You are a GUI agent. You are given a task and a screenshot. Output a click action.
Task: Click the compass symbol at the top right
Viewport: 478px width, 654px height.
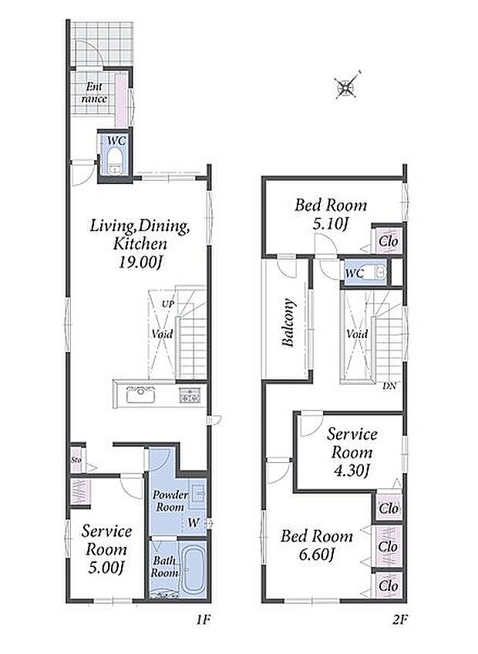347,87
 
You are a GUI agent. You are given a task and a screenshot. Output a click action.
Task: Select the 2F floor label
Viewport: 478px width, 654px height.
399,620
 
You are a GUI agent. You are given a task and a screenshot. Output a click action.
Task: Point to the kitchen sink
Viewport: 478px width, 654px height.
140,394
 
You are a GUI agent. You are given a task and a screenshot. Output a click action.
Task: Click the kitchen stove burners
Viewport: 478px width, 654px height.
190,395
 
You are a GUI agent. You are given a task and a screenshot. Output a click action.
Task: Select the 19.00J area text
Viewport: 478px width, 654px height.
140,263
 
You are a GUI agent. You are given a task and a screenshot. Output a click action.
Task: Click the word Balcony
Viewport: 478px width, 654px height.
288,323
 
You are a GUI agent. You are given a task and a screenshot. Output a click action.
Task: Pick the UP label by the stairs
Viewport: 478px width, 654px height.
168,304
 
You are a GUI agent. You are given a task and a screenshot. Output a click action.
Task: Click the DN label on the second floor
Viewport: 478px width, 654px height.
389,386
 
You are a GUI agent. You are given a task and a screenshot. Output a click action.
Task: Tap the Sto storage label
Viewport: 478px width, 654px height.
76,460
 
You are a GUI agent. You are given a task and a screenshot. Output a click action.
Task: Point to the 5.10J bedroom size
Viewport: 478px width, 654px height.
330,225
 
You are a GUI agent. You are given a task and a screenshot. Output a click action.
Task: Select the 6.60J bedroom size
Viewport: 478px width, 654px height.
316,555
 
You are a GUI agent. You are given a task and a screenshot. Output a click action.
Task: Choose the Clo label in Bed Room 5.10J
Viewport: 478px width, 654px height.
389,242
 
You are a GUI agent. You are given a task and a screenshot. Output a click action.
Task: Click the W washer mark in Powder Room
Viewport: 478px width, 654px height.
194,522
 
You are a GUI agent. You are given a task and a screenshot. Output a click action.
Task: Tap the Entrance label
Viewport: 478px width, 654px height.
94,93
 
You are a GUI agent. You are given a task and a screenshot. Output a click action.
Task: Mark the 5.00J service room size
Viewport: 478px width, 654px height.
107,567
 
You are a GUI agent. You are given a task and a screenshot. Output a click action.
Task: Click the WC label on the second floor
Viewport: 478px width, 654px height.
355,273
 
